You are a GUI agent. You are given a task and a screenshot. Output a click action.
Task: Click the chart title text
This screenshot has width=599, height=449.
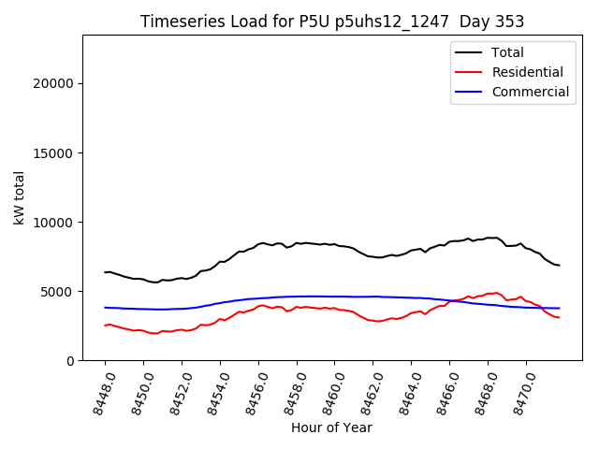[x=332, y=22]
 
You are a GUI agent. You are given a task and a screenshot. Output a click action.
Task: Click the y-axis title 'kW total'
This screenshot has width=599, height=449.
[x=19, y=197]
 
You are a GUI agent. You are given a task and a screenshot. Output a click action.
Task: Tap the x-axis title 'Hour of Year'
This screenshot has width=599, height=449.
[x=331, y=427]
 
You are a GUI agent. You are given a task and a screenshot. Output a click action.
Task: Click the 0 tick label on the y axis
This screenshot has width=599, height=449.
[x=71, y=360]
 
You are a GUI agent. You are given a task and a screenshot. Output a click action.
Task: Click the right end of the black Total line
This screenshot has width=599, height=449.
[x=559, y=266]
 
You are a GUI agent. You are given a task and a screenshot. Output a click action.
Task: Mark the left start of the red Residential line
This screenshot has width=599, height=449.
[x=105, y=326]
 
